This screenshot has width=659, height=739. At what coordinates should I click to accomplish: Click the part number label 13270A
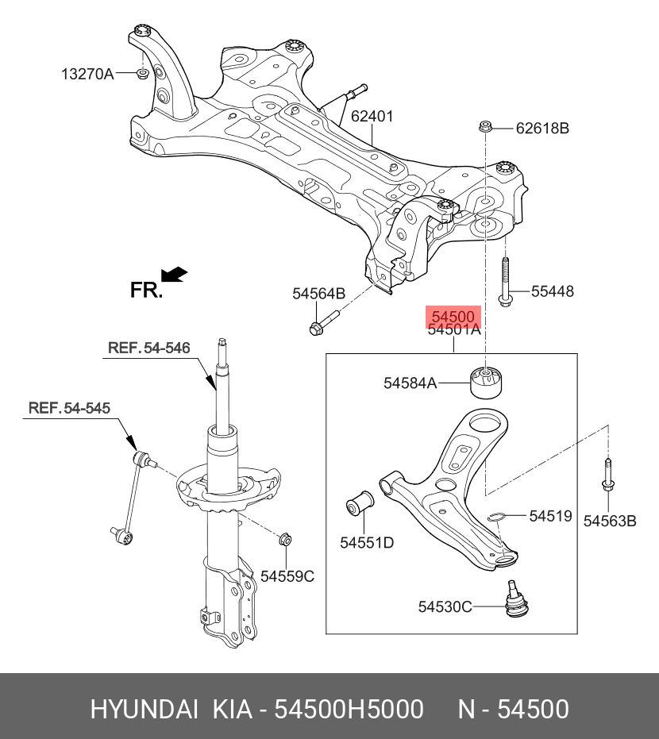tap(87, 75)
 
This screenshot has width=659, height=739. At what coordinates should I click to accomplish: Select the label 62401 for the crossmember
tap(372, 117)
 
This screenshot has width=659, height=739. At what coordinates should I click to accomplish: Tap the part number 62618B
tap(542, 128)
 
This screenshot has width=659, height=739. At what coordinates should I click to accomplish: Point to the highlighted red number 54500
tap(453, 315)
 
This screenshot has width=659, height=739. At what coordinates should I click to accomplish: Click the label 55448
tap(552, 292)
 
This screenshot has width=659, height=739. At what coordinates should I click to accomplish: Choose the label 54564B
tap(318, 294)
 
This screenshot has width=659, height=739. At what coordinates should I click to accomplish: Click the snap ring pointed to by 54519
tap(497, 518)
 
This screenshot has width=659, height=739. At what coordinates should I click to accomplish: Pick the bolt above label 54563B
tap(607, 479)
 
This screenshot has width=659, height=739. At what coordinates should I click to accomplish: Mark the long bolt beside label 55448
tap(504, 283)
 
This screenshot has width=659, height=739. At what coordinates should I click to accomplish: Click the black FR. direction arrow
tap(174, 275)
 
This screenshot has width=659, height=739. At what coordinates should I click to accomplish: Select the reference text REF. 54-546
tap(148, 348)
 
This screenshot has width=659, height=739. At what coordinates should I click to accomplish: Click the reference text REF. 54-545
tap(69, 408)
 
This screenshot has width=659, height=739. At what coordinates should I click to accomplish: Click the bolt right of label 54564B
tap(322, 323)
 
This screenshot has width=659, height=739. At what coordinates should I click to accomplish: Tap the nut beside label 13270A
tap(141, 74)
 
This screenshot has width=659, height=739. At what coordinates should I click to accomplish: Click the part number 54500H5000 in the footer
tap(348, 709)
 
